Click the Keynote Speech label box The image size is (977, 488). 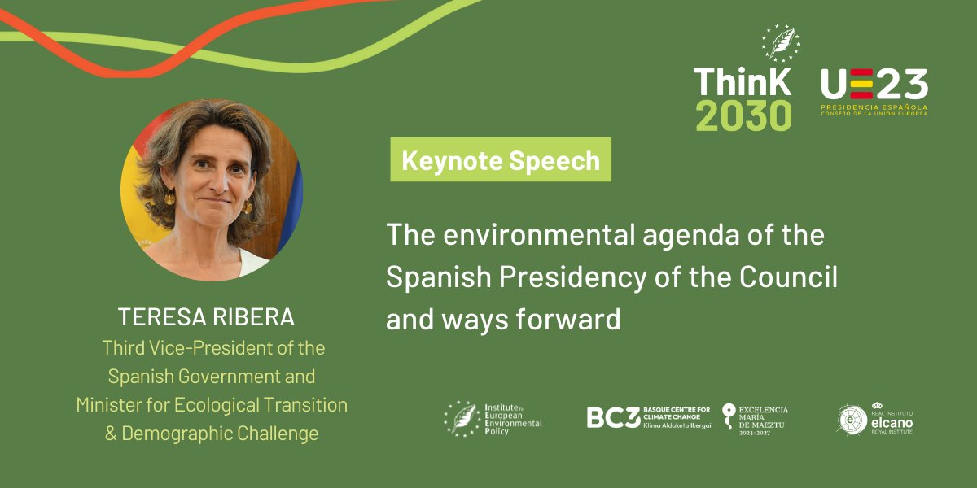click(x=501, y=160)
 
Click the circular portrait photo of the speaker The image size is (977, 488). click(x=211, y=190)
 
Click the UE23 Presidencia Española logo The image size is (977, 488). click(x=874, y=91)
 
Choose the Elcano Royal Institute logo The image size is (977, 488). click(x=876, y=418)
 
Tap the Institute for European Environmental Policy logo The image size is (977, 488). click(x=493, y=418)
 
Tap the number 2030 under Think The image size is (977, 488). click(x=743, y=116)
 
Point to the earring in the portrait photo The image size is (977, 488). click(x=170, y=198)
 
